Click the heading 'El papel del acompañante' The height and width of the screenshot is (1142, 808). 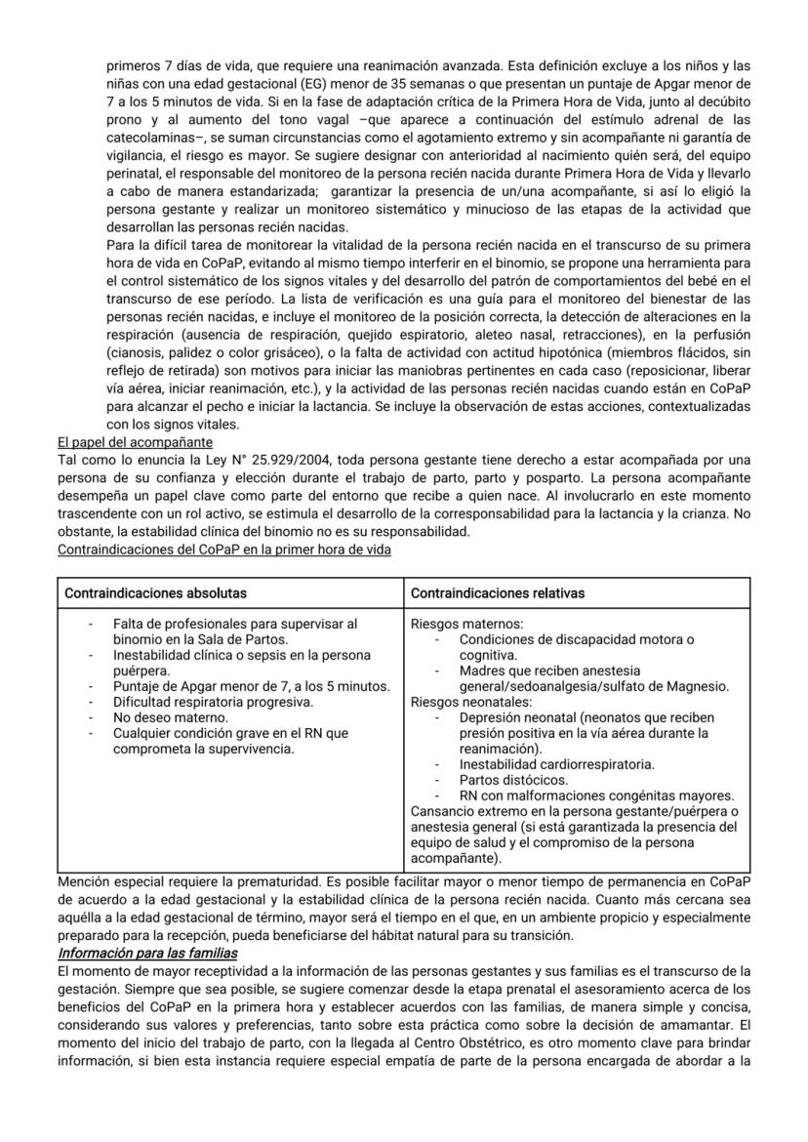click(135, 441)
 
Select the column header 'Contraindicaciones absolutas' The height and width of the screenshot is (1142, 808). click(155, 592)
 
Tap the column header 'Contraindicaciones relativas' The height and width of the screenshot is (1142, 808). click(498, 592)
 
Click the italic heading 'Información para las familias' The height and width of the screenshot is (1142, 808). click(147, 953)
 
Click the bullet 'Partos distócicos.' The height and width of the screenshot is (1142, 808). click(513, 780)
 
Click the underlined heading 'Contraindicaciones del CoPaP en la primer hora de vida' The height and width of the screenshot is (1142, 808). click(224, 551)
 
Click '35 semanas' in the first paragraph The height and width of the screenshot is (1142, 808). click(347, 83)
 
